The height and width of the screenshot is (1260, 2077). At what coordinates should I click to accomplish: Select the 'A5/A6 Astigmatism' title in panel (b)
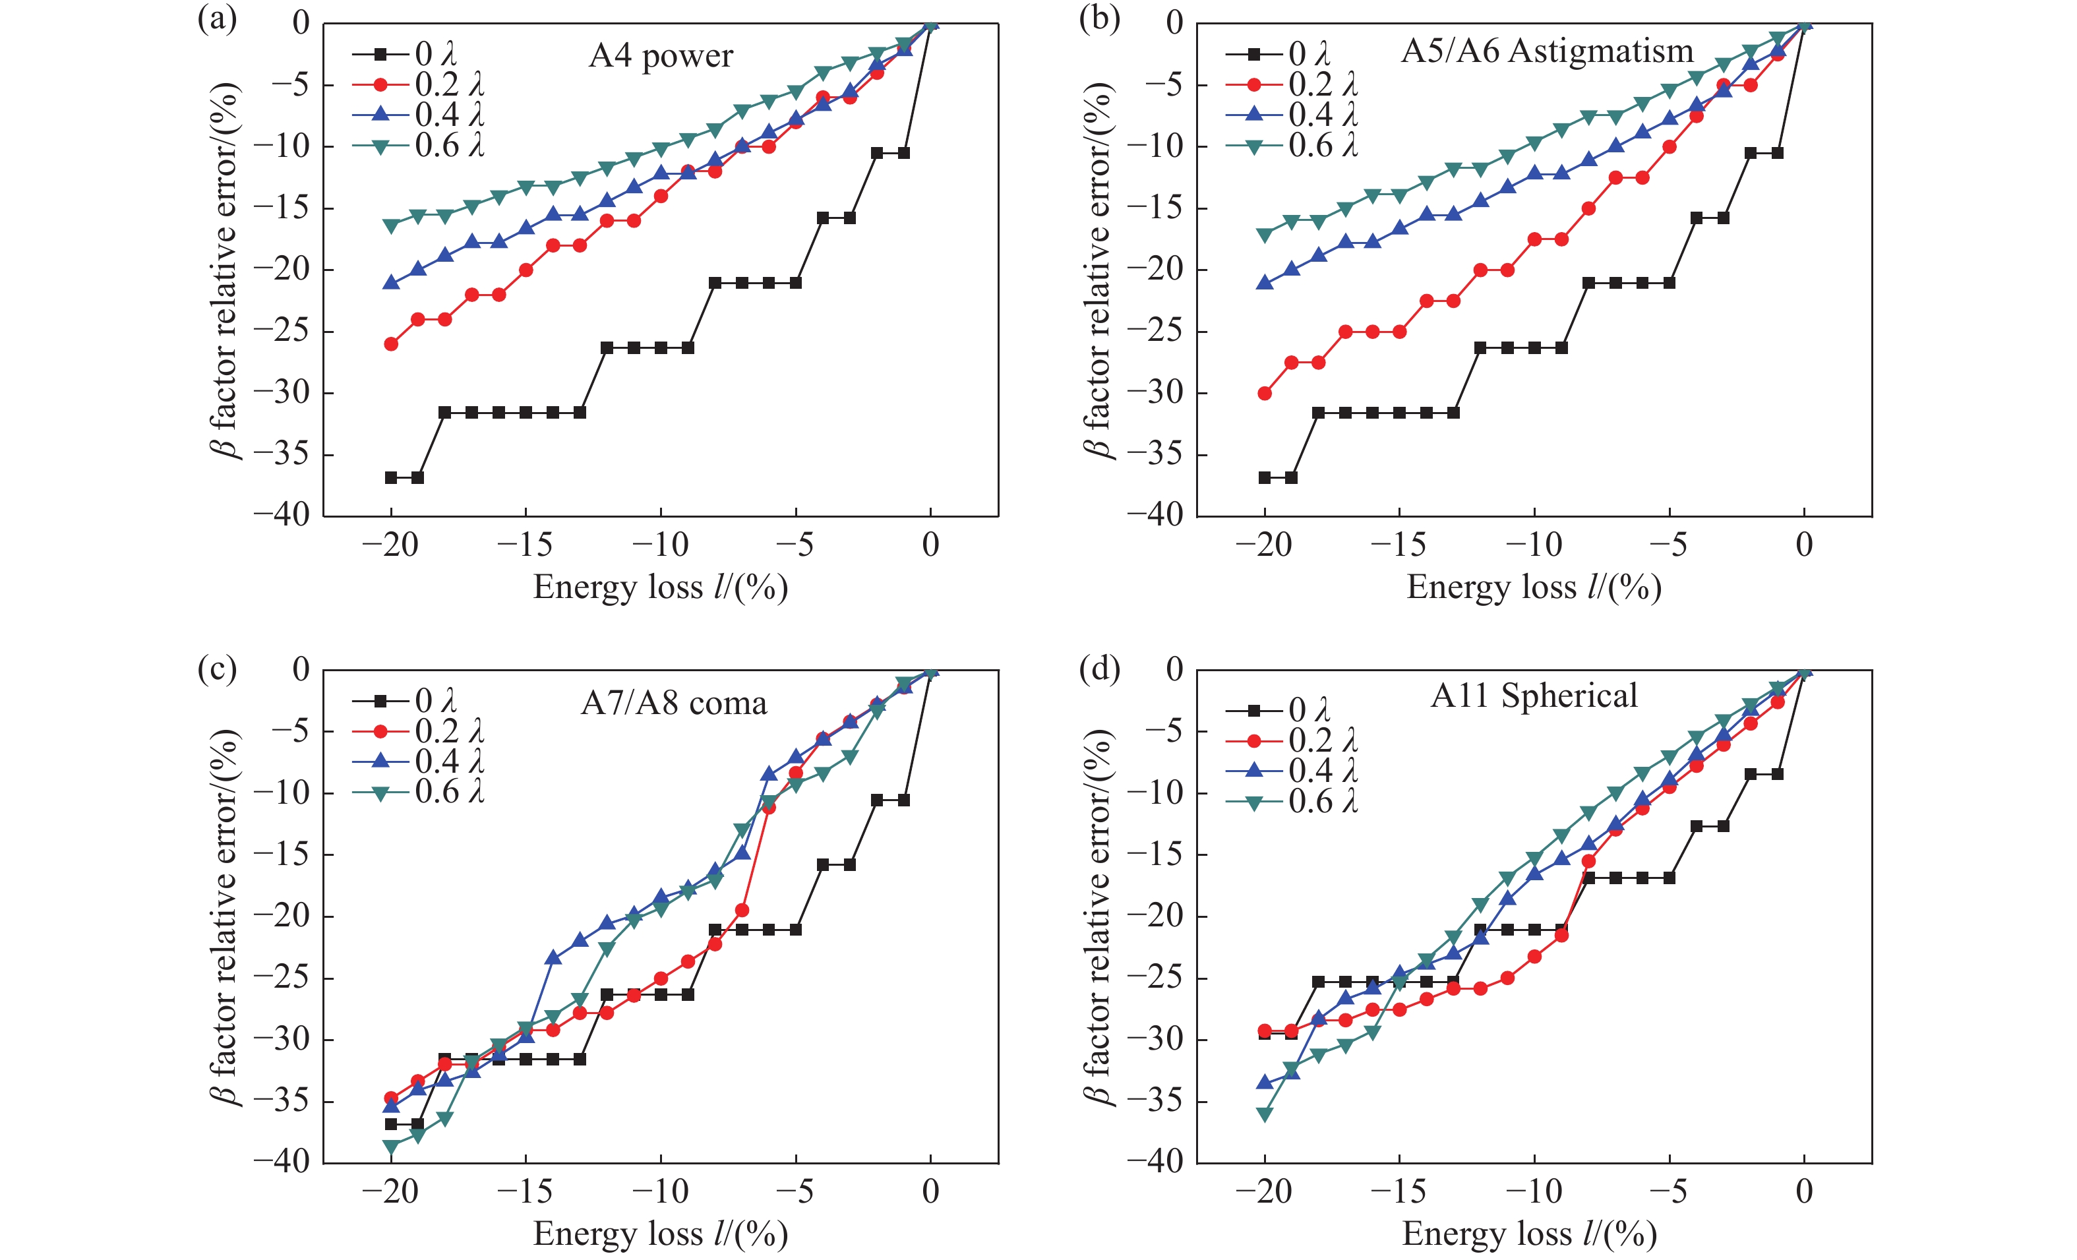tap(1547, 51)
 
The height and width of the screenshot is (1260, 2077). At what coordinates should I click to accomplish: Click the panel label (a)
tap(217, 18)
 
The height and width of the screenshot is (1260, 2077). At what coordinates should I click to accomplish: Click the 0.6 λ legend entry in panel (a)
tap(419, 146)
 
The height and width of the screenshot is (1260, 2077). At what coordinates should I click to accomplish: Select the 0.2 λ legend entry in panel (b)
tap(1292, 84)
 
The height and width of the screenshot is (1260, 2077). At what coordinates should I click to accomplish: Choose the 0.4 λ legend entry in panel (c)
tap(419, 761)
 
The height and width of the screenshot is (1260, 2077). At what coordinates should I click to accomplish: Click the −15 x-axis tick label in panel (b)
tap(1399, 545)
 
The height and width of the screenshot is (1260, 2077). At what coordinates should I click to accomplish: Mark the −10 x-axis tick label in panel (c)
tap(660, 1191)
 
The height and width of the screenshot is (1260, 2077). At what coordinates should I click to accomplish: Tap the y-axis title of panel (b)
tap(1097, 270)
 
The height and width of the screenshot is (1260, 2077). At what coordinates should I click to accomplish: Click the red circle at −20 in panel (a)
tap(391, 344)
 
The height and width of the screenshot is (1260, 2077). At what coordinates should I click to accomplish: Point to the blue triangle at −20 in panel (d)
tap(1265, 1082)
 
